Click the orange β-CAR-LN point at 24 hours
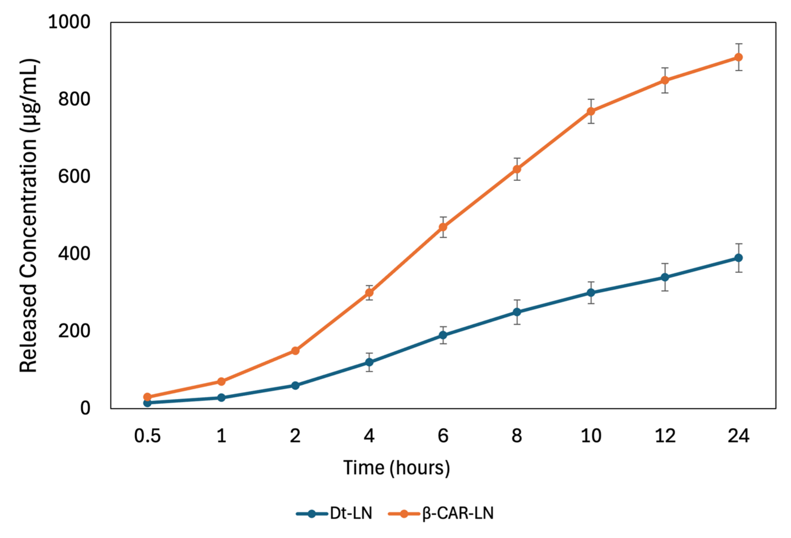(738, 57)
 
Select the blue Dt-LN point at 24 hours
(738, 258)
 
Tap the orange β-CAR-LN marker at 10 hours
(591, 111)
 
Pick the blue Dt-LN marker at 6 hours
(443, 335)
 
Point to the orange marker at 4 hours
(369, 292)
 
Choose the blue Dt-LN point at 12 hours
(665, 277)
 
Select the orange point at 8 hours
(517, 169)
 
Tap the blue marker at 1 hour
(221, 398)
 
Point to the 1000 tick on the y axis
(69, 22)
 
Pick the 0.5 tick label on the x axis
(147, 436)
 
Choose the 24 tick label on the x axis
(738, 436)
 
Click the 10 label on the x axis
(591, 436)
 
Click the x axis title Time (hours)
(396, 468)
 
